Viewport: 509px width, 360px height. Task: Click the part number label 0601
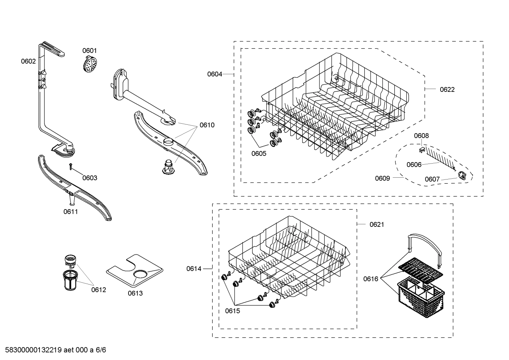(89, 51)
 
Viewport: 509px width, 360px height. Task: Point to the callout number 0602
(28, 61)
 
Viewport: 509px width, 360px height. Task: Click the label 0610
(207, 125)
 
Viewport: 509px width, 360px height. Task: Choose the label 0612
(98, 290)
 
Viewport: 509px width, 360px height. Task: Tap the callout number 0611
(71, 212)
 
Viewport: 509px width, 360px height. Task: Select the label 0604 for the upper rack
(215, 74)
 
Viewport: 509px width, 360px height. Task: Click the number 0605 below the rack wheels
(259, 154)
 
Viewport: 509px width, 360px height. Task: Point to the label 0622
(447, 90)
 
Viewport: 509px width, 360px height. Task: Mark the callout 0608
(421, 136)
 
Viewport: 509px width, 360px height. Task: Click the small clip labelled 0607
(461, 175)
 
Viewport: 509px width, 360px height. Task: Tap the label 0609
(382, 178)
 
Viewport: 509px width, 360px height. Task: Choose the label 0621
(377, 225)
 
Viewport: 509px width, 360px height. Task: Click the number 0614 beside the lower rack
(194, 269)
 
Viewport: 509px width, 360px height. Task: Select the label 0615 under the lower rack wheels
(232, 311)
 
